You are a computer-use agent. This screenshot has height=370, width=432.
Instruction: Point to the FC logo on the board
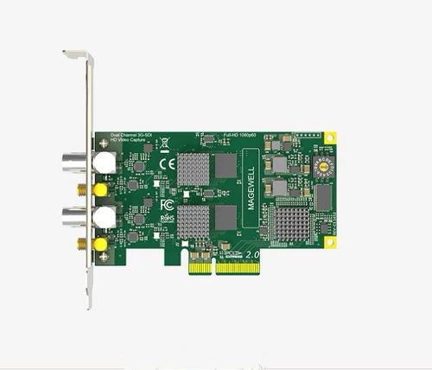(167, 205)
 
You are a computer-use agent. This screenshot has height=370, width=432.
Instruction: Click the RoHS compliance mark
(167, 219)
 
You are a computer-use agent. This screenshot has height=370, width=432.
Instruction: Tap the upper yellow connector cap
(101, 188)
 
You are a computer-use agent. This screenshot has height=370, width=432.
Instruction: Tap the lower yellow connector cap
(101, 245)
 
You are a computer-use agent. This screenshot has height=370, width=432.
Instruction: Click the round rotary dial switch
(326, 166)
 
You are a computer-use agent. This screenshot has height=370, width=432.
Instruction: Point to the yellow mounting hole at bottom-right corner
(329, 242)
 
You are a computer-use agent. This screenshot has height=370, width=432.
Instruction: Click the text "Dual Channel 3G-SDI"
(129, 135)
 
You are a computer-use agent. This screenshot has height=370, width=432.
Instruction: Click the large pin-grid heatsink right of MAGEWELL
(292, 223)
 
